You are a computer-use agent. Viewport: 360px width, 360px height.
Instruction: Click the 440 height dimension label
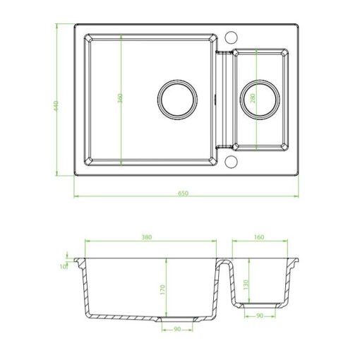click(x=56, y=106)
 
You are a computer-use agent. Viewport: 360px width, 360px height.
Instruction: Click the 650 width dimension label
click(x=183, y=193)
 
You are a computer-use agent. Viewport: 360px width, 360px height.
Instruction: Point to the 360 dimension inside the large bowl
click(x=120, y=99)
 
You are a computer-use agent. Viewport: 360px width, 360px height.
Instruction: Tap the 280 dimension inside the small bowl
click(x=253, y=99)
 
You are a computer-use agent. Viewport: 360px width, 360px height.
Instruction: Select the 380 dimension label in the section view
click(x=146, y=237)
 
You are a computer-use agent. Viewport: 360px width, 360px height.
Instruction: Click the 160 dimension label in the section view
click(x=258, y=237)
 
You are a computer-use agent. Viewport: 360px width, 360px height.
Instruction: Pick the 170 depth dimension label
click(x=162, y=290)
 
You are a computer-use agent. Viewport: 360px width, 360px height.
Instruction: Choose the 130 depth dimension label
click(x=246, y=284)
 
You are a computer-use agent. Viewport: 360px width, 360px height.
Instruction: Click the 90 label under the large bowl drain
click(x=177, y=329)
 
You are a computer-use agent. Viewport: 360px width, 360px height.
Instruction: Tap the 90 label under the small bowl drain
click(x=260, y=316)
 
